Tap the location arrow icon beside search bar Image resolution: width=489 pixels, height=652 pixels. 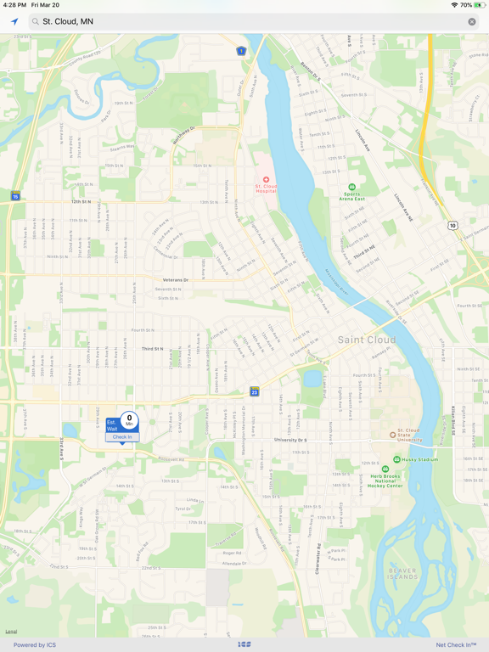pyautogui.click(x=14, y=21)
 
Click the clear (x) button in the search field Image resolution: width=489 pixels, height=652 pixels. pyautogui.click(x=472, y=21)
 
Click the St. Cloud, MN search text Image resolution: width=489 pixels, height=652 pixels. pyautogui.click(x=68, y=21)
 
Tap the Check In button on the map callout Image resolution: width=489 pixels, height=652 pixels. pyautogui.click(x=122, y=437)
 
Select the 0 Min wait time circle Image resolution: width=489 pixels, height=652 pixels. pyautogui.click(x=129, y=420)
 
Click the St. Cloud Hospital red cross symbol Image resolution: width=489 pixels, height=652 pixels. pyautogui.click(x=266, y=180)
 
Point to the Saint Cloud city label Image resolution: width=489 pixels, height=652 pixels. pyautogui.click(x=367, y=340)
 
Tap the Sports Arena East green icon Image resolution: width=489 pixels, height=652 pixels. pyautogui.click(x=352, y=187)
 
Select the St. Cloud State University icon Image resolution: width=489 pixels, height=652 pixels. pyautogui.click(x=392, y=435)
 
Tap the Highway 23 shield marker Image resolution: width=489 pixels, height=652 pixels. pyautogui.click(x=254, y=391)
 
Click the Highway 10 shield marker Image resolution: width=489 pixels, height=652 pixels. pyautogui.click(x=453, y=225)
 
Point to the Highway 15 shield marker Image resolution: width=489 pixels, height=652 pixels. pyautogui.click(x=15, y=196)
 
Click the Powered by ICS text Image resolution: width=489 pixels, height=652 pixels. pyautogui.click(x=35, y=645)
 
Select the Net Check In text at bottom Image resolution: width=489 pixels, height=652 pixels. pyautogui.click(x=456, y=645)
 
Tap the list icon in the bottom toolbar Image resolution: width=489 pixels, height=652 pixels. pyautogui.click(x=244, y=645)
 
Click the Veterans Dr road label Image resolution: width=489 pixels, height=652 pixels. pyautogui.click(x=175, y=279)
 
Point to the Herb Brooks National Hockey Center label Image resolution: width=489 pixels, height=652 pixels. pyautogui.click(x=386, y=481)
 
